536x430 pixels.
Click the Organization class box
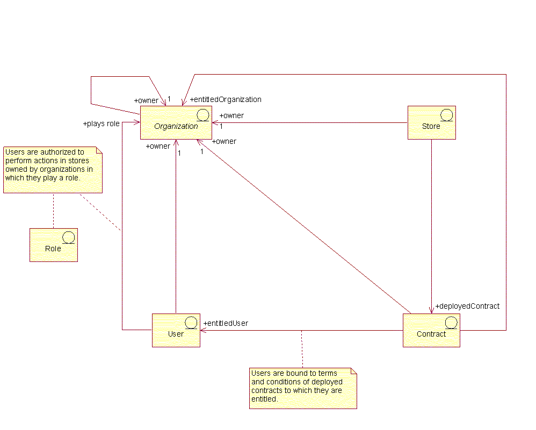pos(176,122)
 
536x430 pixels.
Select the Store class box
pos(431,122)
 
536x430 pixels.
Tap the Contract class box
pos(431,330)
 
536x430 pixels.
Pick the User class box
pos(176,330)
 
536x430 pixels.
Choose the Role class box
pos(53,245)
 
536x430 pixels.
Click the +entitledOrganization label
pos(226,99)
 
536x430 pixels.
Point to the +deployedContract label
pos(467,306)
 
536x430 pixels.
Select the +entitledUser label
pos(226,323)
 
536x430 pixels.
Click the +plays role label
pos(101,123)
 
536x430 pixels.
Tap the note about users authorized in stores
pos(53,169)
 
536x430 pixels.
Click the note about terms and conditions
pos(302,388)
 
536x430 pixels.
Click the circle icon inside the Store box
pos(446,114)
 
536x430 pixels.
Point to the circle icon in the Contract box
pos(451,322)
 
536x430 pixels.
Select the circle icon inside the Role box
pos(68,237)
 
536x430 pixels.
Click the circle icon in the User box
pos(191,322)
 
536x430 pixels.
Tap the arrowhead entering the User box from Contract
pos(204,330)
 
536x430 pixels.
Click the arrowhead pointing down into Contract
pos(431,310)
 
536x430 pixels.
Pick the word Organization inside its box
pos(176,126)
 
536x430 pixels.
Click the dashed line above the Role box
pos(53,210)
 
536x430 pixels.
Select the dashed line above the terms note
pos(302,349)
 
